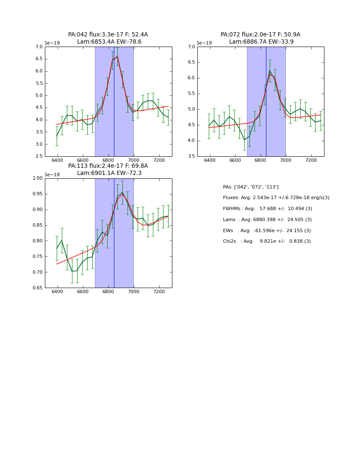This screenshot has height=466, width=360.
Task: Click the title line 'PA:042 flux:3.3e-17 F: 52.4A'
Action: point(108,35)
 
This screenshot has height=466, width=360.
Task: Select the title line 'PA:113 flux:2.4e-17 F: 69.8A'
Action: point(108,166)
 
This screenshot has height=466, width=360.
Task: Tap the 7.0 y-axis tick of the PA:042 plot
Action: point(38,47)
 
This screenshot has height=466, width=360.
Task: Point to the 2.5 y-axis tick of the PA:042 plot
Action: point(38,156)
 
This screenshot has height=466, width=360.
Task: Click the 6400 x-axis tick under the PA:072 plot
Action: point(210,161)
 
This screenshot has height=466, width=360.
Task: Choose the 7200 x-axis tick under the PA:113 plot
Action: point(159,292)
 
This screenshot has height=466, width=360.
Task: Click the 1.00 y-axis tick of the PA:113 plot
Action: point(37,178)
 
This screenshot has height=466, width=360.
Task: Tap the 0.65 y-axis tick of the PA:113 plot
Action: point(37,288)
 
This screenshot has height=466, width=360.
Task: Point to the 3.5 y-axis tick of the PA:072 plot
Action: point(191,156)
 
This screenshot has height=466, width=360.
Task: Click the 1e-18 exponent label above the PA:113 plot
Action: point(52,175)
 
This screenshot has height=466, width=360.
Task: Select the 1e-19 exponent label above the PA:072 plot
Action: point(204,43)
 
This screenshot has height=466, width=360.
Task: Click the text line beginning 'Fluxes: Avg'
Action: point(276,198)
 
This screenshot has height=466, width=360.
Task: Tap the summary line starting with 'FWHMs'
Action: point(267,209)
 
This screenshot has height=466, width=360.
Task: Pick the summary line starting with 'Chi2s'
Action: point(267,241)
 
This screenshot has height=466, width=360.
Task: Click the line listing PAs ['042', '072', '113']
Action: point(251,187)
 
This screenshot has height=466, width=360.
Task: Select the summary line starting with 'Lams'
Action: point(267,220)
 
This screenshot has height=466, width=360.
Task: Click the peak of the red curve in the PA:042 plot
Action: point(117,57)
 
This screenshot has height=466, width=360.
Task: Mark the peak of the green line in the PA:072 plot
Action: point(270,71)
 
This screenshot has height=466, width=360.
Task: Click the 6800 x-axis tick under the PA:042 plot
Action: point(108,161)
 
